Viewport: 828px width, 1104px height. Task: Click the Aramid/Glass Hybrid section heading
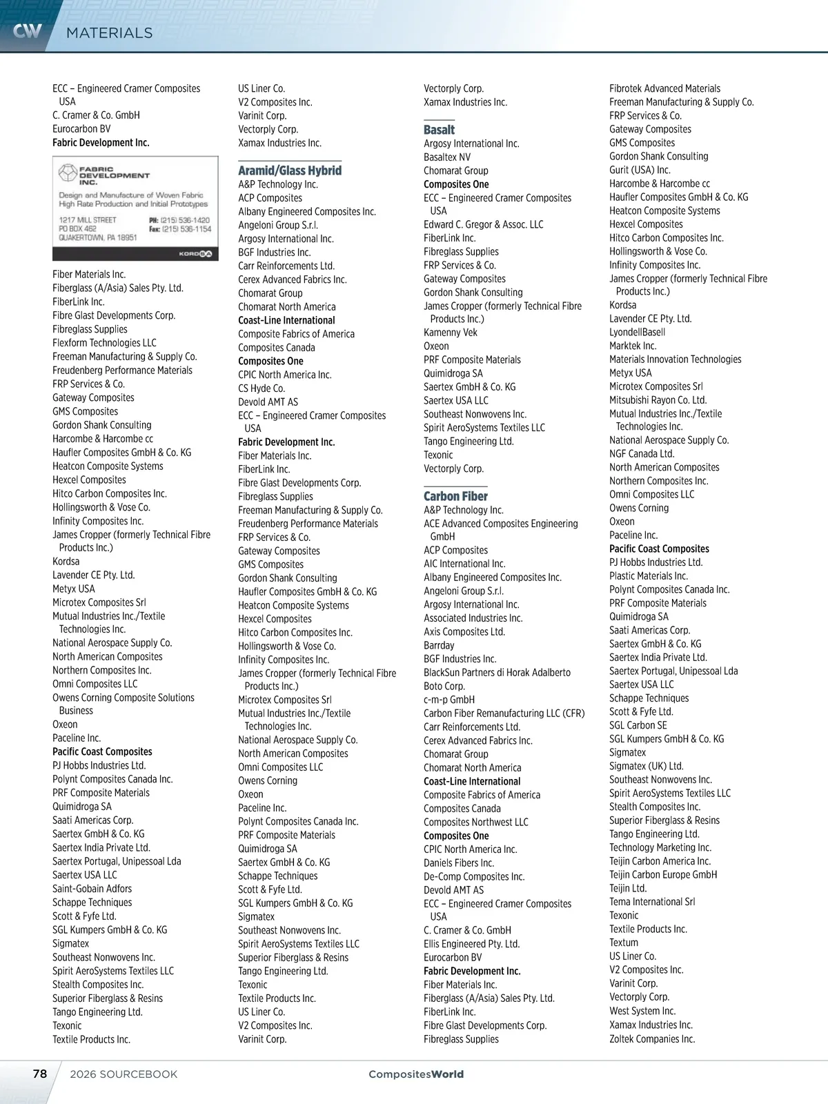coord(290,170)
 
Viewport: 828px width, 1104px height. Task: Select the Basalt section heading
coord(439,130)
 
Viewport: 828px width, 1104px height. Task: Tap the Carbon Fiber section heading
coord(455,496)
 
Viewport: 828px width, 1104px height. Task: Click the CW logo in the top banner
coord(28,30)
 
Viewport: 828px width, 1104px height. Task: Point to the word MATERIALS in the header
coord(109,33)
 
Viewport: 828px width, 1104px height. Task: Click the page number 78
coord(40,1074)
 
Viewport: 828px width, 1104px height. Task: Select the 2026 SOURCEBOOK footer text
coord(124,1074)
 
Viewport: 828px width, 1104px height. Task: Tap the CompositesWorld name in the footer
coord(416,1074)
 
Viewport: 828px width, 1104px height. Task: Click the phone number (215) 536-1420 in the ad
coord(185,220)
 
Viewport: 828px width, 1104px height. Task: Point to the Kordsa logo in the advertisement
coord(195,254)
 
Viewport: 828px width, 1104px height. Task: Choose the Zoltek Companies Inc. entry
coord(652,1038)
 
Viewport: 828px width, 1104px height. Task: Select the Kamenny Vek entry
coord(451,333)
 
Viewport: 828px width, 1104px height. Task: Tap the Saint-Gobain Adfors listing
coord(92,889)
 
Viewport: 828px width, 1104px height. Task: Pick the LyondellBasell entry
coord(637,332)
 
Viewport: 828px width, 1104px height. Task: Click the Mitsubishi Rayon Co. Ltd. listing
coord(658,400)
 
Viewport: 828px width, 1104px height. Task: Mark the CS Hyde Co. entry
coord(262,388)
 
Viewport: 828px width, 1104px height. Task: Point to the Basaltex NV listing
coord(447,157)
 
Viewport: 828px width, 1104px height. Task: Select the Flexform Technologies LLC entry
coord(104,343)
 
